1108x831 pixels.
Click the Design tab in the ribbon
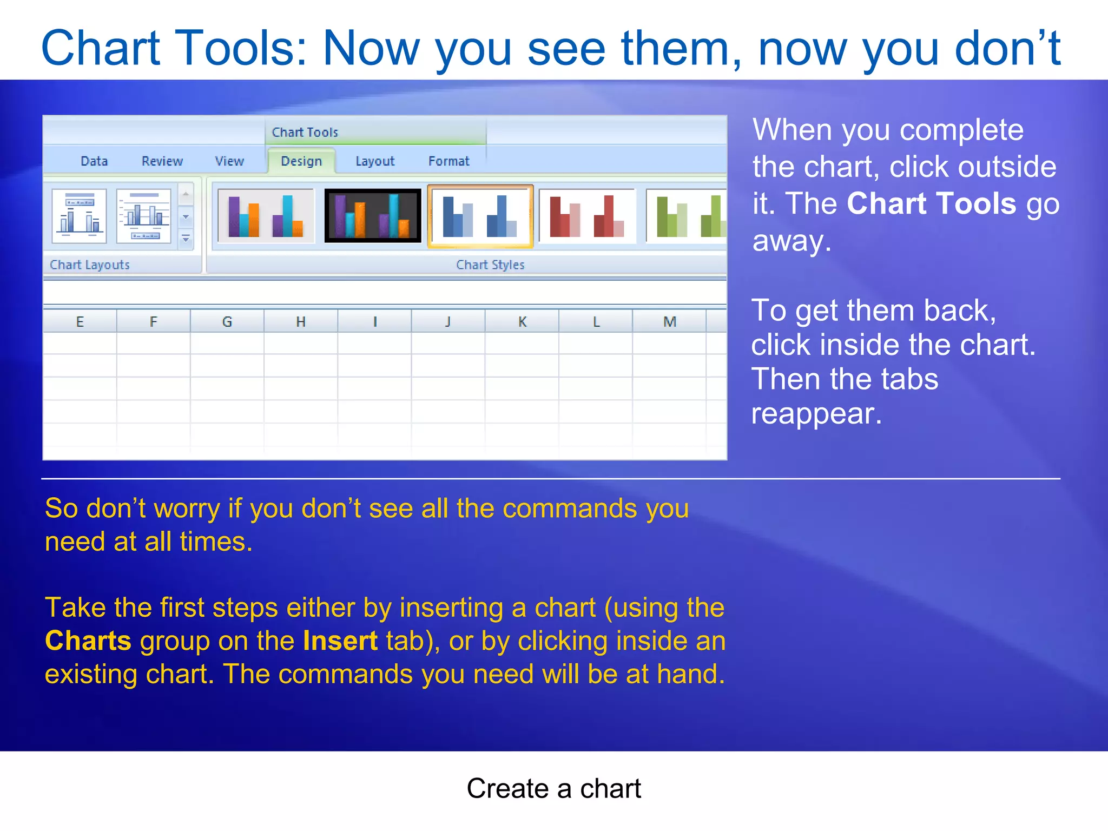pyautogui.click(x=301, y=161)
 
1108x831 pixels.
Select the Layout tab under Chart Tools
pyautogui.click(x=375, y=161)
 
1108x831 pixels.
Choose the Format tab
pyautogui.click(x=449, y=161)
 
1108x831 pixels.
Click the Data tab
pyautogui.click(x=94, y=161)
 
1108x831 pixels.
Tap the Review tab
pyautogui.click(x=162, y=161)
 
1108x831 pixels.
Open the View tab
pyautogui.click(x=229, y=161)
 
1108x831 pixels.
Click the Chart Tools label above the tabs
pyautogui.click(x=305, y=132)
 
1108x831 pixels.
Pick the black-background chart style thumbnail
pyautogui.click(x=373, y=216)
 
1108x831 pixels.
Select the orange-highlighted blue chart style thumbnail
pyautogui.click(x=480, y=216)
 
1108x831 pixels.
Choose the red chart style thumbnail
pyautogui.click(x=587, y=216)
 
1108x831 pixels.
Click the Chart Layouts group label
pyautogui.click(x=90, y=265)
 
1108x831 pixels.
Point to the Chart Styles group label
pyautogui.click(x=490, y=265)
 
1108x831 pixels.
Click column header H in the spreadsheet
pyautogui.click(x=301, y=322)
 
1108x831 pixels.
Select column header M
pyautogui.click(x=670, y=322)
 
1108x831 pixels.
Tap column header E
pyautogui.click(x=80, y=322)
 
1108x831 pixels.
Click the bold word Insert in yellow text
pyautogui.click(x=340, y=641)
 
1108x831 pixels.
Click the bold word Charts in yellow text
pyautogui.click(x=88, y=641)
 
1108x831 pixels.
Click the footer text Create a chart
pyautogui.click(x=553, y=788)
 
